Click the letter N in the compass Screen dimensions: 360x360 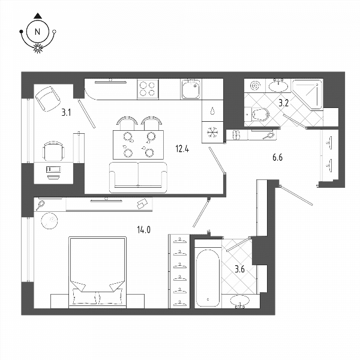pos(37,31)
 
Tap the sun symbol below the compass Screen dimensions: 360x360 pos(38,48)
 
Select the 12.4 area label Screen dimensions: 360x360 pos(182,149)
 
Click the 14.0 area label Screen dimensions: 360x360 pos(144,229)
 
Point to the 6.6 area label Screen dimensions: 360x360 pos(277,157)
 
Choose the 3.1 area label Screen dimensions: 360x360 pos(66,113)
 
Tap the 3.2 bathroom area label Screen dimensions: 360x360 pos(284,103)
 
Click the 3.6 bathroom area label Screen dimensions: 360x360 pos(239,269)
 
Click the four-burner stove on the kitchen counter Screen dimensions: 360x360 pos(148,89)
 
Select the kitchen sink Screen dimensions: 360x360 pos(191,89)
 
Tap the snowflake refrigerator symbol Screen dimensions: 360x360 pos(212,133)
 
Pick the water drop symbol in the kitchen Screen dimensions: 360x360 pos(212,111)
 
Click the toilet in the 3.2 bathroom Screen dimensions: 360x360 pos(257,114)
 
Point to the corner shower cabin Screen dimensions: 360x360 pos(307,94)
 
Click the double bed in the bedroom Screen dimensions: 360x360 pos(98,272)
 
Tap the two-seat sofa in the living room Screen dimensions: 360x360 pos(138,178)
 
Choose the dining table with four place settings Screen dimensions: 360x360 pos(138,145)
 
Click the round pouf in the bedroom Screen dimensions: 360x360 pos(49,221)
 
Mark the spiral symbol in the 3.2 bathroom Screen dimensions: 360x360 pos(255,86)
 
